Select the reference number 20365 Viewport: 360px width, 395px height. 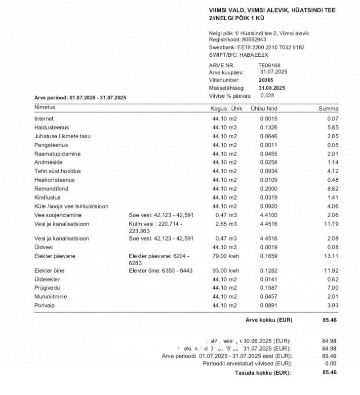(x=266, y=79)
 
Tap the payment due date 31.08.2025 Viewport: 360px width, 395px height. (x=272, y=87)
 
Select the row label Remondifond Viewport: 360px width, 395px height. (x=48, y=188)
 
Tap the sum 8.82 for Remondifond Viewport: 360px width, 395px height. (x=332, y=188)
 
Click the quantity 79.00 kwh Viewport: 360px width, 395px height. (x=226, y=256)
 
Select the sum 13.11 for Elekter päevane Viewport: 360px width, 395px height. (x=331, y=256)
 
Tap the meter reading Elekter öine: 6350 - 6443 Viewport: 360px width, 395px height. (x=160, y=271)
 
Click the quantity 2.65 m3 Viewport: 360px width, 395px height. (x=227, y=224)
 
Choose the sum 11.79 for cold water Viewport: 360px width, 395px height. (x=331, y=224)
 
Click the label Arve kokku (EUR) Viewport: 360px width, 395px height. (x=269, y=320)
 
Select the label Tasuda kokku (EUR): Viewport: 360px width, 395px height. (x=263, y=372)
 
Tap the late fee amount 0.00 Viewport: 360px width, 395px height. (x=332, y=363)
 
